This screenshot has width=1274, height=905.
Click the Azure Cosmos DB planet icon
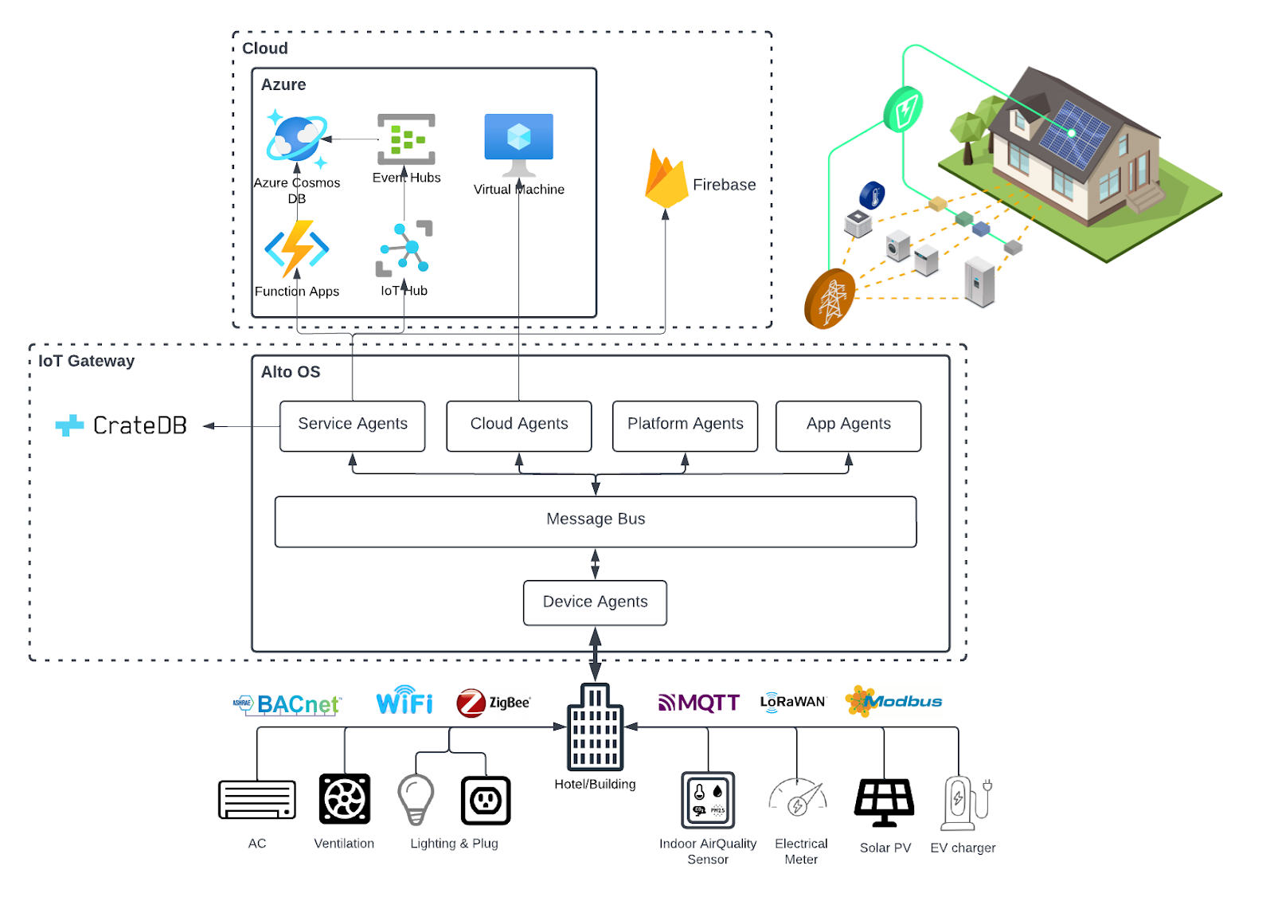(297, 139)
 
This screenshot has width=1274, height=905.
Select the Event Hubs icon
(407, 139)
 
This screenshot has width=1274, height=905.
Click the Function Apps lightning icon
(297, 249)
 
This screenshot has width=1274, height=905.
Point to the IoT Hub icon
(404, 249)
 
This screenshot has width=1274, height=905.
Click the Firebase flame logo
(666, 178)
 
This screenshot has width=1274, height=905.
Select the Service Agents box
(353, 426)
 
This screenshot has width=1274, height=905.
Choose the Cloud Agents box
(519, 426)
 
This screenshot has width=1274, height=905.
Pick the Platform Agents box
(686, 426)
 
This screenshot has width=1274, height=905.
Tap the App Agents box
(849, 426)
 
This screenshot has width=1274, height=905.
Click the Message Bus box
(596, 522)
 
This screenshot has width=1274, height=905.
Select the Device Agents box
(596, 603)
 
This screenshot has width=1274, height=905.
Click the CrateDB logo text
(140, 425)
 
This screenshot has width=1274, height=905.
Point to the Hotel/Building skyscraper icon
(596, 727)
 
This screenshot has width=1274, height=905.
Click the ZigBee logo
(494, 703)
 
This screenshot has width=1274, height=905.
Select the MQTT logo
(699, 703)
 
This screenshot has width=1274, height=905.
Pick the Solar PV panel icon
(885, 802)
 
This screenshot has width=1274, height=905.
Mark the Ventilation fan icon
(345, 798)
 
